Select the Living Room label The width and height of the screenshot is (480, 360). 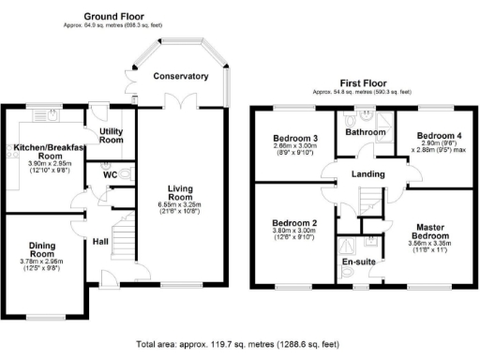click(x=181, y=193)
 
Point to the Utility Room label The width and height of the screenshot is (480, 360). click(x=112, y=134)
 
